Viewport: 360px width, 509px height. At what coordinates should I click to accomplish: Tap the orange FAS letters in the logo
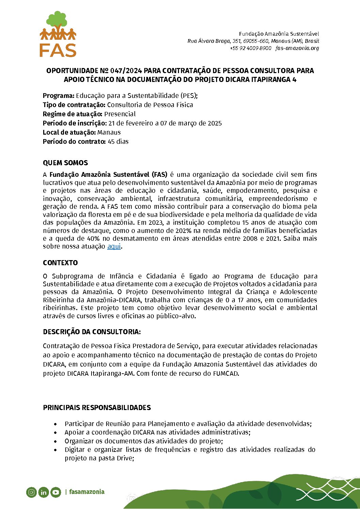tap(58, 50)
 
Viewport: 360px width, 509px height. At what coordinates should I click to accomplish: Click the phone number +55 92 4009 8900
tap(251, 48)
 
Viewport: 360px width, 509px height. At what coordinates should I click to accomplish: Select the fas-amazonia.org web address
tap(297, 48)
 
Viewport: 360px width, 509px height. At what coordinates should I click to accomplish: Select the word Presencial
tap(120, 114)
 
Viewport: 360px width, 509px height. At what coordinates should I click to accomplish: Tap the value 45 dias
tap(118, 141)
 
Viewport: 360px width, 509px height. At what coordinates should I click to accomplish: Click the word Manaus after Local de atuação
tap(109, 132)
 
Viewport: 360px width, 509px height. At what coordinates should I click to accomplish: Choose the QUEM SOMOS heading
tap(65, 163)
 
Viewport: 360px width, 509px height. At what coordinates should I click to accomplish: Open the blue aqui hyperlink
tap(114, 246)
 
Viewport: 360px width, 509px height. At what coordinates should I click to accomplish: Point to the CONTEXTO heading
tap(60, 263)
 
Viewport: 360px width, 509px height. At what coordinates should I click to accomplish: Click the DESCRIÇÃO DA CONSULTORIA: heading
tap(92, 332)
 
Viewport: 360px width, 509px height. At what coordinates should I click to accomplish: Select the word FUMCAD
tap(226, 373)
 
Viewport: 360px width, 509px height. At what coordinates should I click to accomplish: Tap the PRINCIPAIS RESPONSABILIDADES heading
tap(97, 408)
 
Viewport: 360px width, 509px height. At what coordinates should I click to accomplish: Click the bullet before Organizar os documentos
tap(55, 441)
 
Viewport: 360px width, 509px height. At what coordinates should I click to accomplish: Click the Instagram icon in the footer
tap(31, 492)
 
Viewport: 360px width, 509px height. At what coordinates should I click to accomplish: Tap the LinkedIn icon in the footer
tap(44, 492)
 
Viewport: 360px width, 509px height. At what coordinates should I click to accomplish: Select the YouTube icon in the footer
tap(56, 492)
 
